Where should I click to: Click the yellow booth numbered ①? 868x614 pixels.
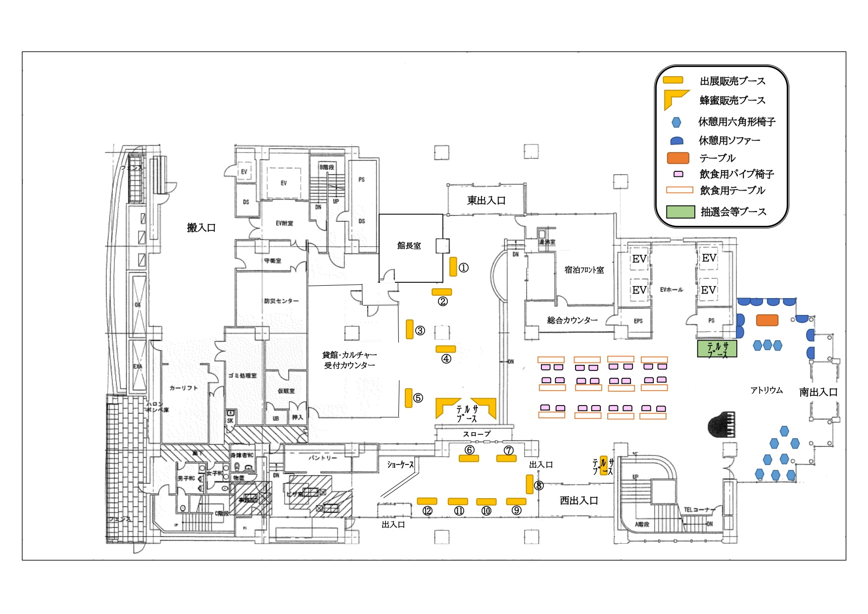coord(453,266)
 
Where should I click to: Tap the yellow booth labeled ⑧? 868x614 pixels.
coord(530,484)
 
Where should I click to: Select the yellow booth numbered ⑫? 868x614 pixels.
coord(427,501)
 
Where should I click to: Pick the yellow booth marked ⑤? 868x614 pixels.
coord(409,398)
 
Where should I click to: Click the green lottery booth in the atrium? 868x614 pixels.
coord(717,349)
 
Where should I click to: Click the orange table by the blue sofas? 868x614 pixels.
coord(767,320)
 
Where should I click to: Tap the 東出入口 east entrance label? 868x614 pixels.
coord(486,201)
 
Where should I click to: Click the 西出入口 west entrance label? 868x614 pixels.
coord(579,501)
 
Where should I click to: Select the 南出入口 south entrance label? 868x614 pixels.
coord(818,392)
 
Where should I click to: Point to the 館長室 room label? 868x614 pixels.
coord(409,246)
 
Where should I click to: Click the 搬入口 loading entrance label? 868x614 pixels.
coord(201,228)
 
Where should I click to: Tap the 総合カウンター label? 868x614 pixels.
coord(572,320)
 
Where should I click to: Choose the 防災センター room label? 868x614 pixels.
coord(281,301)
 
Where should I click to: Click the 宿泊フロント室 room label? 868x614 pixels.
coord(584,270)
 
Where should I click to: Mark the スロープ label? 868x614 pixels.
coord(477,434)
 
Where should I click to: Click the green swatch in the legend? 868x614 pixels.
coord(680,212)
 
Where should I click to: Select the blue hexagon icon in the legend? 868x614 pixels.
coord(676,122)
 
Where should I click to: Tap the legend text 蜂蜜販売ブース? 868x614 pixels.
coord(732,101)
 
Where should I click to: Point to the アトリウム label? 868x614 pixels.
coord(766,391)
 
